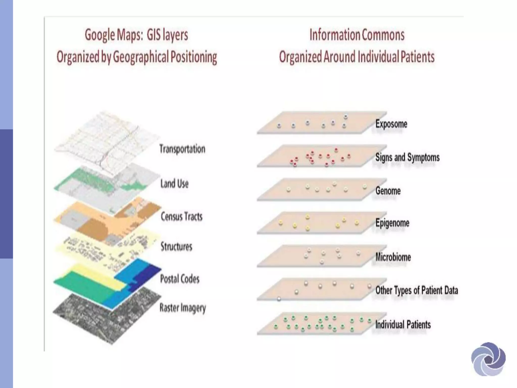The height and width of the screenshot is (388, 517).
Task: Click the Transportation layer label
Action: click(182, 149)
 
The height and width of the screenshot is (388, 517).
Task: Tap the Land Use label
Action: click(174, 184)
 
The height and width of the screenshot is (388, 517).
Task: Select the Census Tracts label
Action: click(182, 216)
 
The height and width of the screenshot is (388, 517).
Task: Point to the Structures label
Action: click(176, 247)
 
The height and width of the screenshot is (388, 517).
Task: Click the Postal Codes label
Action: click(179, 279)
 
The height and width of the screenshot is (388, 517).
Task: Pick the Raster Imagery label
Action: click(183, 308)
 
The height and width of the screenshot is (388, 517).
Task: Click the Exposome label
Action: click(391, 124)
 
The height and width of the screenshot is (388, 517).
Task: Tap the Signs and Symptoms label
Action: click(407, 157)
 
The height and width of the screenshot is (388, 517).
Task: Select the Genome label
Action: click(388, 191)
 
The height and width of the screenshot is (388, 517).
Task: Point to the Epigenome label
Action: click(392, 223)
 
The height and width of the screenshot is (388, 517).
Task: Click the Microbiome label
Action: click(393, 257)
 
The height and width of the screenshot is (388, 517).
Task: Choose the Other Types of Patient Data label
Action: click(417, 290)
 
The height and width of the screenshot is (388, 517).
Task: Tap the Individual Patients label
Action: click(403, 325)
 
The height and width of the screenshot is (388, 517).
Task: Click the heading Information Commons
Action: click(357, 35)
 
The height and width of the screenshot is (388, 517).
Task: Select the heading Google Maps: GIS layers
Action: click(136, 35)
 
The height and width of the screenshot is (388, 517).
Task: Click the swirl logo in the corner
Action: click(488, 359)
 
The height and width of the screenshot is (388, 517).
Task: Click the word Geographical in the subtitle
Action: click(140, 57)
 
